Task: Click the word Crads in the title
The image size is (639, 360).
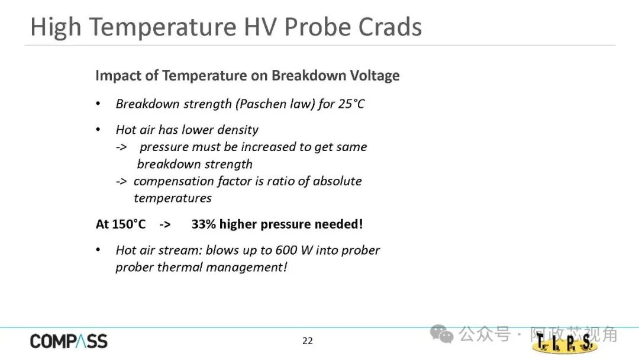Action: (x=390, y=27)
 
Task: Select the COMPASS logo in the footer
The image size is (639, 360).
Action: (x=69, y=342)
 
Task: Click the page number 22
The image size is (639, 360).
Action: (x=308, y=341)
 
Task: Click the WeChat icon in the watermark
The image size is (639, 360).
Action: (x=442, y=334)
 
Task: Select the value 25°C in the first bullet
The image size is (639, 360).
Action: (x=351, y=104)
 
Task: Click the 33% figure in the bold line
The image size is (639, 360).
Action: (x=204, y=224)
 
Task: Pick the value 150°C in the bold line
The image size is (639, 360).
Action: (x=128, y=224)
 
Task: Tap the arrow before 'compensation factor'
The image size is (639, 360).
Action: (x=121, y=181)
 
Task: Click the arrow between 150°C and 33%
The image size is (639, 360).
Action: (x=165, y=224)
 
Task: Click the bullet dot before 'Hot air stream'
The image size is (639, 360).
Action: (x=98, y=250)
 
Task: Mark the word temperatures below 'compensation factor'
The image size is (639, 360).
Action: (x=173, y=198)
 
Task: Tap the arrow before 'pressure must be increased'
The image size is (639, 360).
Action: (x=121, y=147)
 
